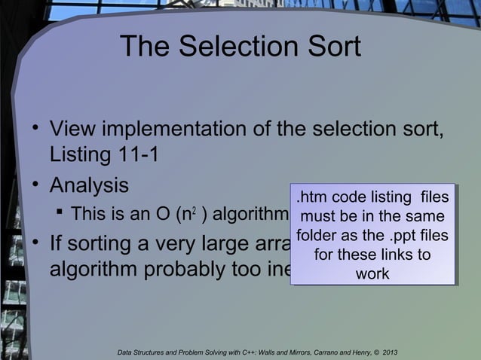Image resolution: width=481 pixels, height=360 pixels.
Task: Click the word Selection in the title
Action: [240, 48]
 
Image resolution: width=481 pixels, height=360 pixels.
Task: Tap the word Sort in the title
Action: [333, 48]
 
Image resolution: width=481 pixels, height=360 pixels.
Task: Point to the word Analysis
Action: [89, 185]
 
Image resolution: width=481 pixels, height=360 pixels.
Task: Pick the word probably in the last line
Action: [202, 273]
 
